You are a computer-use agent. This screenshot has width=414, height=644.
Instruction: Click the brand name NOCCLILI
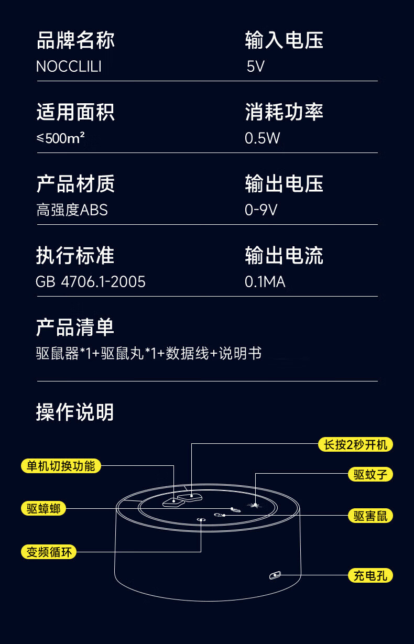pyautogui.click(x=68, y=67)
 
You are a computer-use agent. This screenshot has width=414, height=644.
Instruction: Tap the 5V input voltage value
pyautogui.click(x=256, y=67)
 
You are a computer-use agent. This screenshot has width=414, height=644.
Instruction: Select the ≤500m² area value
pyautogui.click(x=61, y=138)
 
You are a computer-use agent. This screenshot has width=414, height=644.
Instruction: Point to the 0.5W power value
pyautogui.click(x=263, y=138)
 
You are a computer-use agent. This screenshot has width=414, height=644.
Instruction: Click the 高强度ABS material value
pyautogui.click(x=72, y=210)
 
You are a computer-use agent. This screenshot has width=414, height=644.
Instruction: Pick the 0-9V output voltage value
pyautogui.click(x=261, y=210)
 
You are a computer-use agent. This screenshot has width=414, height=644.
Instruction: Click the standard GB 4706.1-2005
pyautogui.click(x=91, y=282)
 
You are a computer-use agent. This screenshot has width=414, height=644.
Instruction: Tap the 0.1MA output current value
pyautogui.click(x=265, y=282)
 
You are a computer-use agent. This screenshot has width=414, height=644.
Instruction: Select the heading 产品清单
pyautogui.click(x=75, y=328)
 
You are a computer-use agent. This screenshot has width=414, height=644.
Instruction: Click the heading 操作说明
pyautogui.click(x=75, y=412)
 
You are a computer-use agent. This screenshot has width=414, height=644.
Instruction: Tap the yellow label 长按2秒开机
pyautogui.click(x=355, y=445)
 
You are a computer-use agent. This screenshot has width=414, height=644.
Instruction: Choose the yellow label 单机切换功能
pyautogui.click(x=61, y=465)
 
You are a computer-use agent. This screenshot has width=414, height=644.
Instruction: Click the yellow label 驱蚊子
pyautogui.click(x=370, y=475)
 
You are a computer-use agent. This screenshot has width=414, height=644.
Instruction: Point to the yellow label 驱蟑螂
pyautogui.click(x=43, y=508)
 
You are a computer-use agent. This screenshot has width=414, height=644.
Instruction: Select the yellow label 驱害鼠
pyautogui.click(x=370, y=516)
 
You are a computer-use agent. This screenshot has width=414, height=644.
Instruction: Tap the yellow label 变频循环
pyautogui.click(x=49, y=551)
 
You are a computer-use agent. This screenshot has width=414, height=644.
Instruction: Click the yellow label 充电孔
pyautogui.click(x=370, y=575)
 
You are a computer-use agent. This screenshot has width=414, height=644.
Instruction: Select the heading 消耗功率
pyautogui.click(x=284, y=112)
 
